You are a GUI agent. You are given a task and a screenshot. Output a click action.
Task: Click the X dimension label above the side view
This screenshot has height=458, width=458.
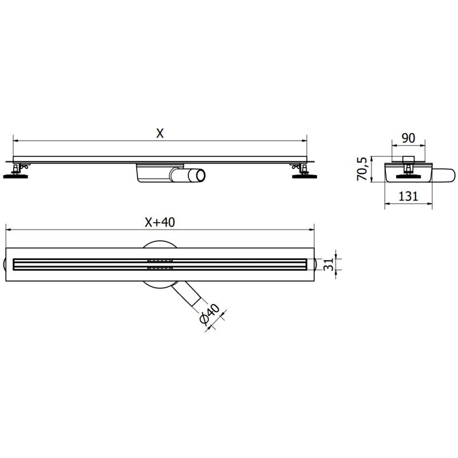click(x=160, y=133)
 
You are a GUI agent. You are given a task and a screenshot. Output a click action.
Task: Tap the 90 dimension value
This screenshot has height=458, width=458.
click(x=408, y=138)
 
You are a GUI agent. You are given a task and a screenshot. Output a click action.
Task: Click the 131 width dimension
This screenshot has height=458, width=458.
click(x=407, y=196)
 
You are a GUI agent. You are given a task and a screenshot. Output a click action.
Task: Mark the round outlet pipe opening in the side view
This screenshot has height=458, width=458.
click(x=198, y=175)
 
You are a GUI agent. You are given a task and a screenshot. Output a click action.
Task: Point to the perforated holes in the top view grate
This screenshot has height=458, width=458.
click(x=160, y=263)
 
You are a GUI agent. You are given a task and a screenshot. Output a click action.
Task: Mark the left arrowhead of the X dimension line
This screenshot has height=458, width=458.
click(x=15, y=140)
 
